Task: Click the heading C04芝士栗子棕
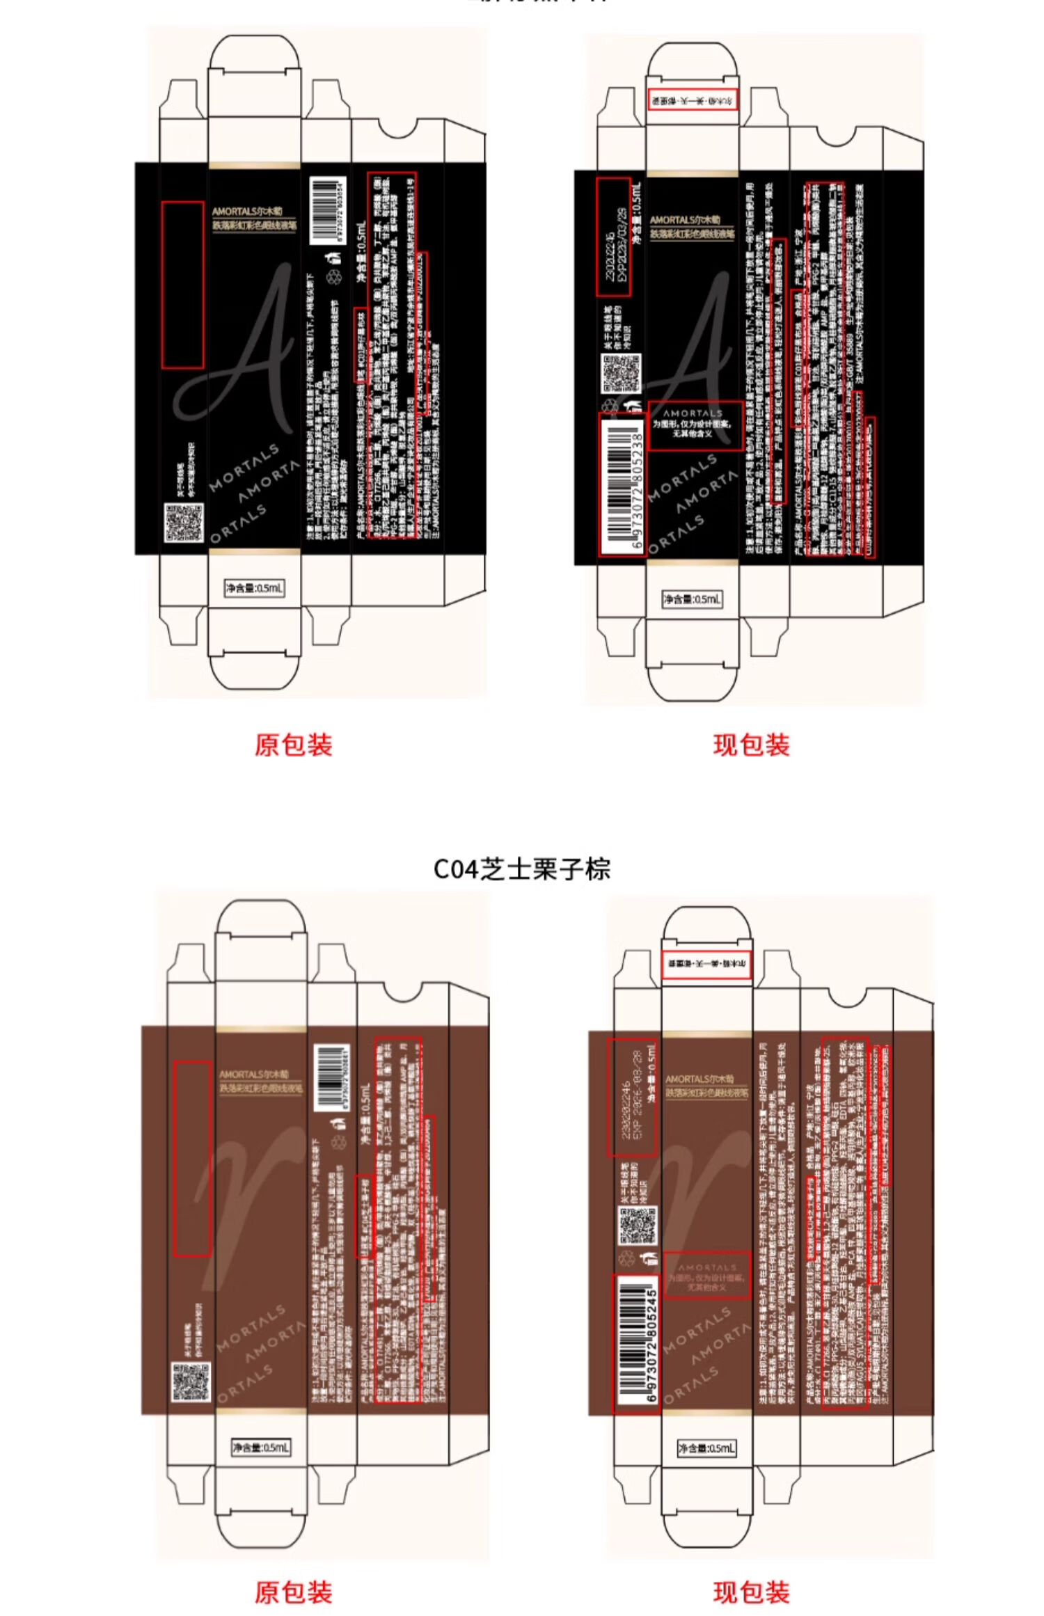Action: tap(521, 869)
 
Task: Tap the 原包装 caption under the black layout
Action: tap(293, 745)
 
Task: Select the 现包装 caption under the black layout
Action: tap(751, 745)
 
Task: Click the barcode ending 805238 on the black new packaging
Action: tap(622, 484)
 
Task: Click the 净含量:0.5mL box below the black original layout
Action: tap(254, 588)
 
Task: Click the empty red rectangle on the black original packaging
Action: tap(182, 285)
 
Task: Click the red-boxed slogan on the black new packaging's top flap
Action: tap(693, 100)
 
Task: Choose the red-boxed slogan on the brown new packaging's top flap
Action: tap(706, 965)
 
